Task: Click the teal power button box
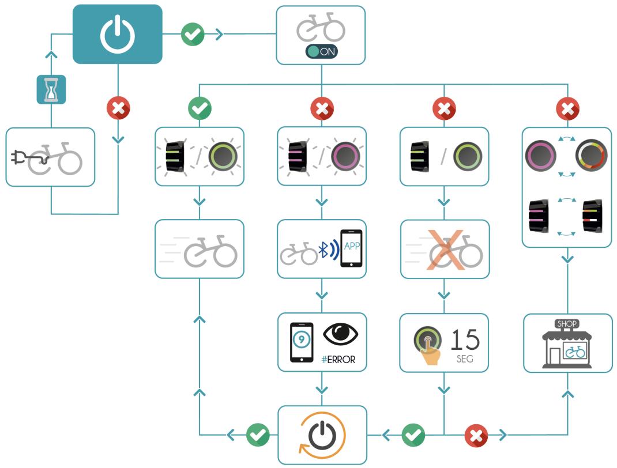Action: click(117, 34)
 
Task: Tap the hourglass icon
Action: click(51, 90)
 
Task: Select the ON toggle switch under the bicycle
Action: click(321, 51)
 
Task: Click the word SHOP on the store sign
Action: click(567, 324)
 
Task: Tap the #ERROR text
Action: click(338, 360)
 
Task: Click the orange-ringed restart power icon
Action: click(322, 435)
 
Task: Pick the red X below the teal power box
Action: click(118, 108)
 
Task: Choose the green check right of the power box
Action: click(193, 34)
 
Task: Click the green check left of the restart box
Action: click(257, 435)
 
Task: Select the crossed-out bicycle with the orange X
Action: click(445, 249)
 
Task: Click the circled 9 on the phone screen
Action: click(301, 339)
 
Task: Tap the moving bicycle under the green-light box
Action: click(200, 250)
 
